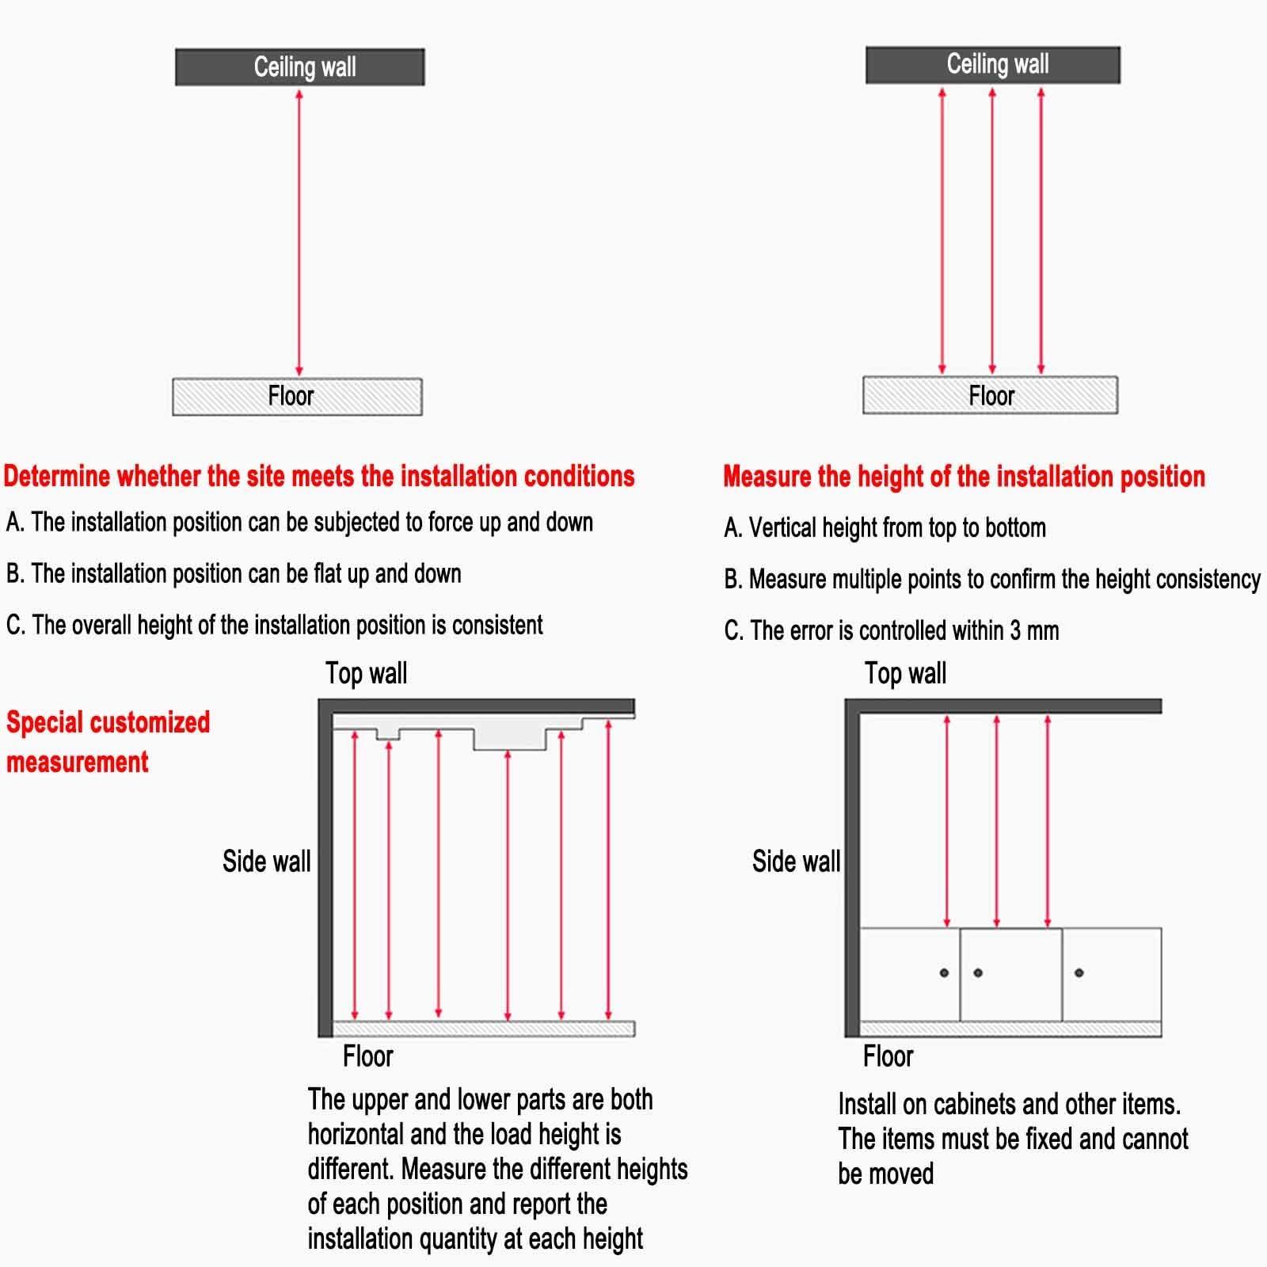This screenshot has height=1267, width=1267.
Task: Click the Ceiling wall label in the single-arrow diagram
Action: pos(304,67)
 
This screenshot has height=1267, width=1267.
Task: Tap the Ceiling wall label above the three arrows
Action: pos(997,64)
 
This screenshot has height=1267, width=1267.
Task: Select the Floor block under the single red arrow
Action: pos(297,396)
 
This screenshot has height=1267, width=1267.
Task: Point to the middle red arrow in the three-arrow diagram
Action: pos(991,230)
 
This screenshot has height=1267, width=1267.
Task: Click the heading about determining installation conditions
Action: pos(319,476)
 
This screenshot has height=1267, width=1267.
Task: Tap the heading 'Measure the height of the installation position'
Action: pos(964,477)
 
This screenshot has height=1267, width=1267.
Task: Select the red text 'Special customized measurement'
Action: pos(108,741)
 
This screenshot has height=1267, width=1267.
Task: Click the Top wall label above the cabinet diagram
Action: pos(905,673)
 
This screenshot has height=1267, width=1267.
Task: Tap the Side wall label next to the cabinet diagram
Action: pos(796,861)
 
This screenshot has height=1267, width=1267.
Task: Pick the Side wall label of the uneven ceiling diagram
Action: pos(266,861)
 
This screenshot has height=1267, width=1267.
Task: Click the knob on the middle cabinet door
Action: pos(978,972)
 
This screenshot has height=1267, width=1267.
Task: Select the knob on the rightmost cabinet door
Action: pos(1079,972)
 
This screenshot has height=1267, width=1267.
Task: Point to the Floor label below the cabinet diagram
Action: pos(888,1056)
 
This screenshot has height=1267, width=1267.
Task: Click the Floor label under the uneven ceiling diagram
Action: pos(367,1056)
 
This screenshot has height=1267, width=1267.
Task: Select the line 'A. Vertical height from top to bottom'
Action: pos(885,527)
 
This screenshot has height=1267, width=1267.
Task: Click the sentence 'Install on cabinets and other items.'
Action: pos(1009,1104)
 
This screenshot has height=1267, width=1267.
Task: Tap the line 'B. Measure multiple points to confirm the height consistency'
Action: pos(991,579)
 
